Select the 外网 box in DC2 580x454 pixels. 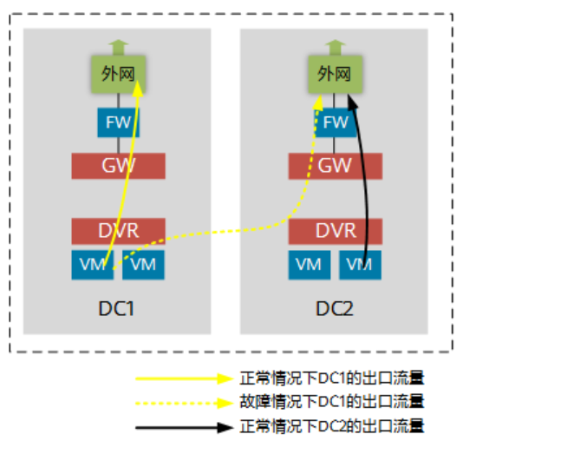(x=335, y=74)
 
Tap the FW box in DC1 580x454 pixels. (x=118, y=122)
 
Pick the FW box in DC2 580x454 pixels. (x=335, y=122)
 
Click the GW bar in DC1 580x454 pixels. (x=118, y=165)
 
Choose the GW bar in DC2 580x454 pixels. (x=335, y=165)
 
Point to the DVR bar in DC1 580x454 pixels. (x=118, y=231)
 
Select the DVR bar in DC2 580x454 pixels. (x=335, y=231)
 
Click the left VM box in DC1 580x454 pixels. (x=92, y=264)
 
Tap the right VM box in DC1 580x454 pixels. (x=143, y=264)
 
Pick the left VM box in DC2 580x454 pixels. (x=309, y=264)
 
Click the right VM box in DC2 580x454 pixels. (x=360, y=264)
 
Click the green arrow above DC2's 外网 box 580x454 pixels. (x=335, y=46)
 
